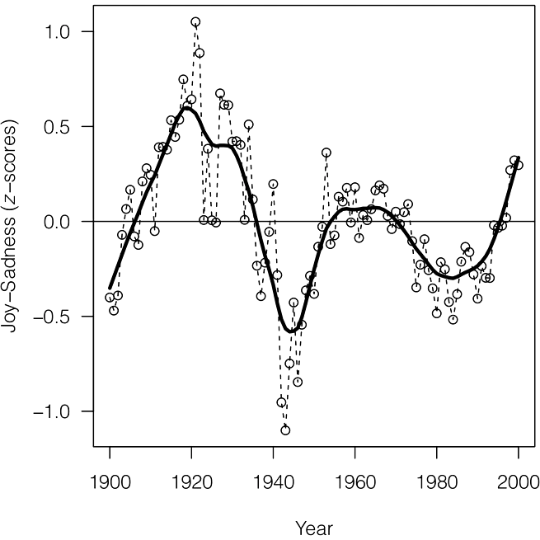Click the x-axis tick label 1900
[x=110, y=482]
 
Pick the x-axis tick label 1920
[x=191, y=482]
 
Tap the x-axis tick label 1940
[x=274, y=482]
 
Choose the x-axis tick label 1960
[x=355, y=482]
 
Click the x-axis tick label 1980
[x=437, y=482]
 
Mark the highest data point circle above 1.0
[x=195, y=22]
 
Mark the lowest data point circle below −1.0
[x=285, y=430]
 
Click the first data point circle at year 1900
[x=110, y=298]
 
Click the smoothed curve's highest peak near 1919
[x=188, y=108]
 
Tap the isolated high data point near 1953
[x=326, y=153]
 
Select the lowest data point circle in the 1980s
[x=453, y=320]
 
